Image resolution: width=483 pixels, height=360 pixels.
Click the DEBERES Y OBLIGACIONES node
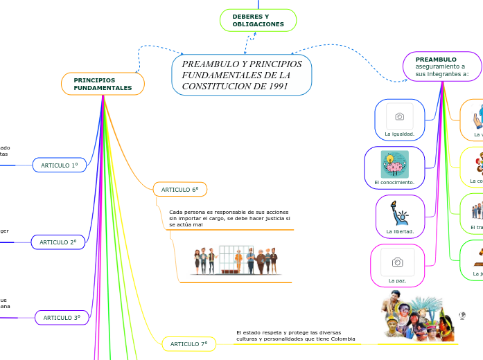pos(258,20)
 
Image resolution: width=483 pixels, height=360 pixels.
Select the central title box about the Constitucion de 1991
pos(242,75)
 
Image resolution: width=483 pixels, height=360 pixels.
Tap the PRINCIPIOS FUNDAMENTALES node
pos(103,84)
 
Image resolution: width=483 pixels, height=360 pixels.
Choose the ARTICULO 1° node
pos(60,165)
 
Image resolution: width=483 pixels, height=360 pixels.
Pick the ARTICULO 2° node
pos(58,242)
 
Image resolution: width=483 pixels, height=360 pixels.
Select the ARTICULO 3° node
pos(62,318)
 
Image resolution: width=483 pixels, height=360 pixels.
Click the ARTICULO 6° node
pos(179,189)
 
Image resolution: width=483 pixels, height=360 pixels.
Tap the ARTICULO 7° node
pos(188,343)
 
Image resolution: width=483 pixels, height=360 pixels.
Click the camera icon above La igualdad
pos(399,116)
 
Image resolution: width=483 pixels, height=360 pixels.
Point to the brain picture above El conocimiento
pos(394,164)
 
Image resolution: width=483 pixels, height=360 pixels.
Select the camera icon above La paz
pos(398,262)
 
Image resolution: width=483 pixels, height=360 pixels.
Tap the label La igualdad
pos(399,133)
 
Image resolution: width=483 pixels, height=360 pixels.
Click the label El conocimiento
pos(394,182)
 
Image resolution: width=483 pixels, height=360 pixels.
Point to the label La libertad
pos(400,231)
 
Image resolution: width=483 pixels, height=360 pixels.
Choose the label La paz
pos(398,280)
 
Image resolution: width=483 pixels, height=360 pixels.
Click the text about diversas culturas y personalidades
pos(296,336)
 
